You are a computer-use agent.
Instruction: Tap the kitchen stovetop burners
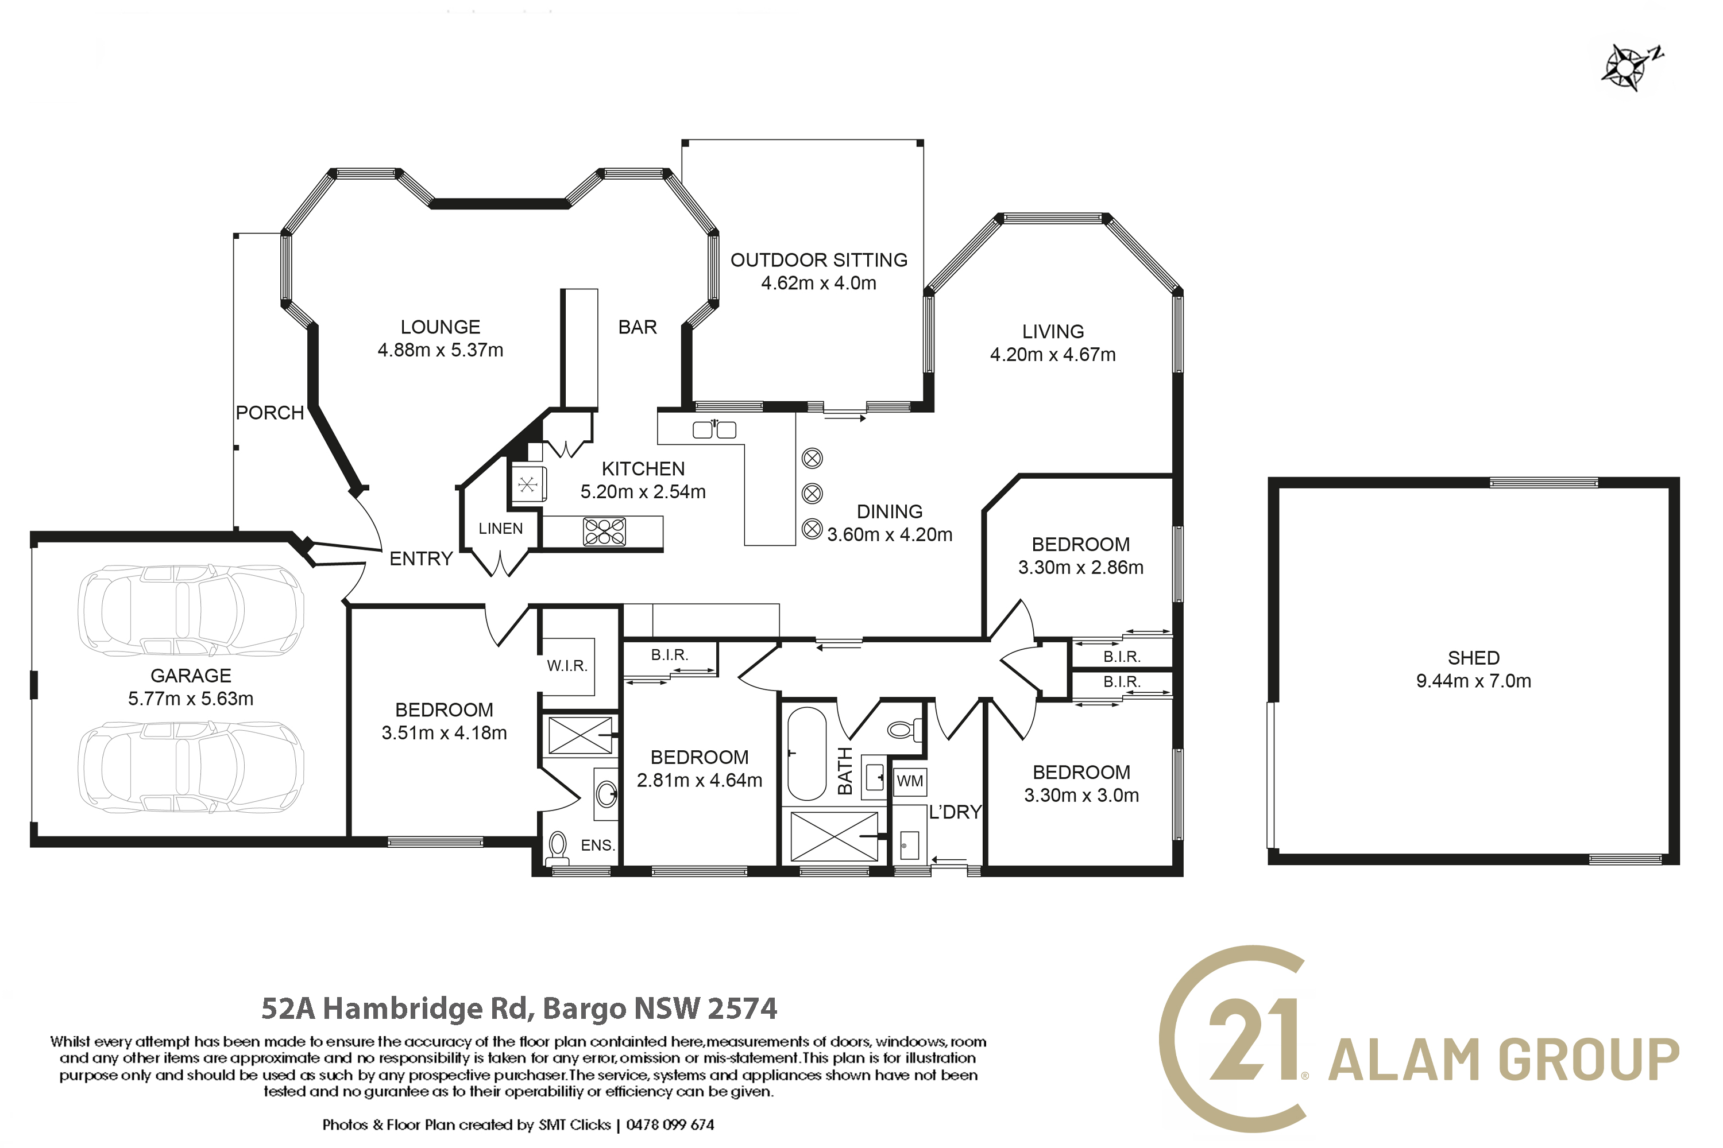tap(604, 532)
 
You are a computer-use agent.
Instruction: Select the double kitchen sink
tap(714, 430)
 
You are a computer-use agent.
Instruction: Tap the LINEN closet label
tap(500, 529)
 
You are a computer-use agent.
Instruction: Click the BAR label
tap(638, 327)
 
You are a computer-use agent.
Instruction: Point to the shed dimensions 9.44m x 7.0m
tap(1473, 681)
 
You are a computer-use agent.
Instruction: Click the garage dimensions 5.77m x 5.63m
tap(191, 699)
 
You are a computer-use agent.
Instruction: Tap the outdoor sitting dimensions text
tap(818, 284)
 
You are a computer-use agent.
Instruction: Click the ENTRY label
tap(420, 559)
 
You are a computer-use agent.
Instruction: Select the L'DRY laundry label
tap(955, 812)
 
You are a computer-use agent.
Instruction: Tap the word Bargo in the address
tap(584, 1009)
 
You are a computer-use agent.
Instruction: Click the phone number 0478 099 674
tap(670, 1124)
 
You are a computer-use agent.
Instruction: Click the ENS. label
tap(597, 845)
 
